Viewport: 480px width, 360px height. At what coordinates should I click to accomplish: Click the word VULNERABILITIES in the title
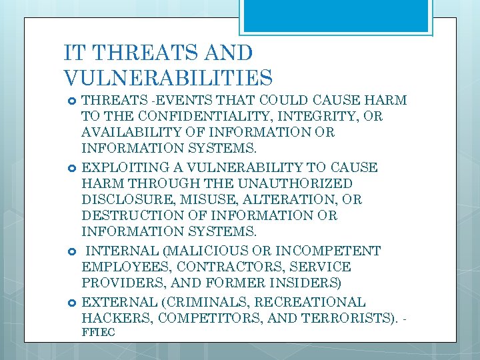click(168, 78)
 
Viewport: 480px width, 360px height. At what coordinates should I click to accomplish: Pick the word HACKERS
click(111, 317)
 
